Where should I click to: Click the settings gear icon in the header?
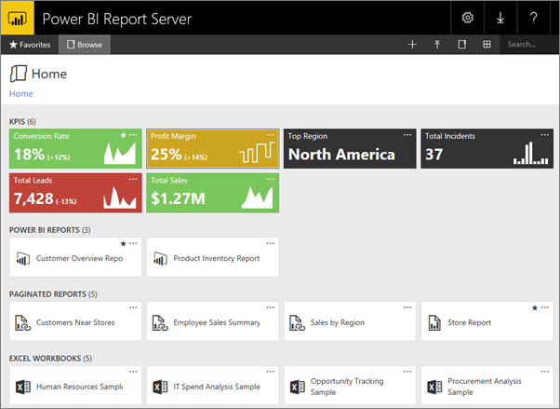point(468,18)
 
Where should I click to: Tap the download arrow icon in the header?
point(500,18)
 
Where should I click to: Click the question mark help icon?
point(533,18)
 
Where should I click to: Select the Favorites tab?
point(30,44)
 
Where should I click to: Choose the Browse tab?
point(85,44)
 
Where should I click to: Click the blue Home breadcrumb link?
point(20,94)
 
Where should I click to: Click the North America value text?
point(341,155)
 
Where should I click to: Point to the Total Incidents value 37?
point(433,155)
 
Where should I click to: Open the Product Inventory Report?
point(216,258)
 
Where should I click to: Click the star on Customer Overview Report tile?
point(123,243)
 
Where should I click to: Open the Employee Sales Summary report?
point(216,323)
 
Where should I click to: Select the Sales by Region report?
point(339,323)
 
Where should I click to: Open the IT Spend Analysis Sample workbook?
point(216,387)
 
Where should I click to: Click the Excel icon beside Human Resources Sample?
point(22,387)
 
